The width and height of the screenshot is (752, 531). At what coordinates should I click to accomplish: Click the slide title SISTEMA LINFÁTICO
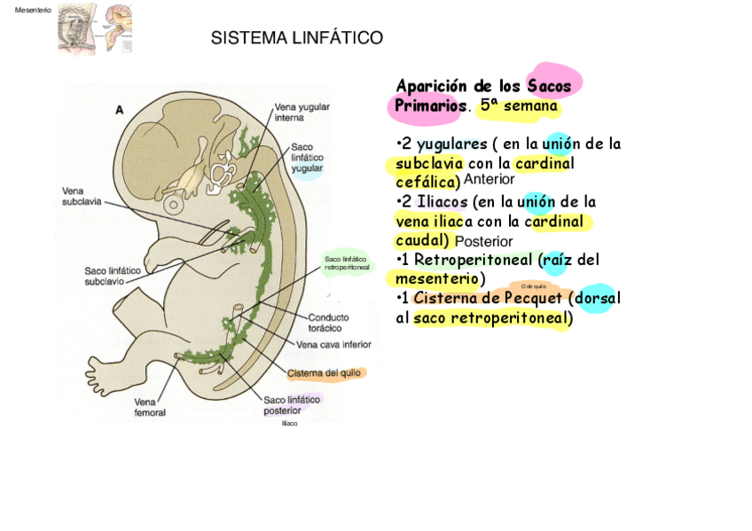pyautogui.click(x=296, y=38)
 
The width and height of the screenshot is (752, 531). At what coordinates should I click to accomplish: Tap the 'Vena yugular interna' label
pyautogui.click(x=302, y=112)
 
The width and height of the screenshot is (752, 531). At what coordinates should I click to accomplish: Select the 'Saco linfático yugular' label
pyautogui.click(x=307, y=157)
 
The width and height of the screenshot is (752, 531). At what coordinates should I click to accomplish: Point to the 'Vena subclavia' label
pyautogui.click(x=82, y=196)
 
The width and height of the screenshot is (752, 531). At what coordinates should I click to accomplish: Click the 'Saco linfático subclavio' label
pyautogui.click(x=112, y=276)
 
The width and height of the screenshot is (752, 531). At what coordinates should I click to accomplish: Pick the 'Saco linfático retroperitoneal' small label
pyautogui.click(x=346, y=262)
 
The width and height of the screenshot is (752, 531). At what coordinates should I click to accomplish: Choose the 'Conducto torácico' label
pyautogui.click(x=328, y=322)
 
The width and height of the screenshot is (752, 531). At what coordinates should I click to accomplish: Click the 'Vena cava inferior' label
pyautogui.click(x=333, y=345)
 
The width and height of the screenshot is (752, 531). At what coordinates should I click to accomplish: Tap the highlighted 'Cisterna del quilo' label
pyautogui.click(x=324, y=373)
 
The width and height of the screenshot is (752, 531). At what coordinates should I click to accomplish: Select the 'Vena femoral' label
pyautogui.click(x=150, y=407)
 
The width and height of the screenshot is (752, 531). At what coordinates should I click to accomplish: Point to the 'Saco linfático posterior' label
pyautogui.click(x=292, y=405)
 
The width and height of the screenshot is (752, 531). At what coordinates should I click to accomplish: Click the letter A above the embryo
pyautogui.click(x=120, y=111)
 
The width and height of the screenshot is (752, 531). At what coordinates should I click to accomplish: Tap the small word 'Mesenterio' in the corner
pyautogui.click(x=34, y=10)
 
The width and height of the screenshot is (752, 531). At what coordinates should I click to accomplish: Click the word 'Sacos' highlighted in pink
pyautogui.click(x=550, y=86)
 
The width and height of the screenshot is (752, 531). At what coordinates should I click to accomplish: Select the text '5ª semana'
pyautogui.click(x=519, y=106)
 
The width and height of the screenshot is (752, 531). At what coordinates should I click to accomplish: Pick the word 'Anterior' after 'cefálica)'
pyautogui.click(x=489, y=180)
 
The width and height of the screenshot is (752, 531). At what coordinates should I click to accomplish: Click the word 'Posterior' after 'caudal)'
pyautogui.click(x=484, y=241)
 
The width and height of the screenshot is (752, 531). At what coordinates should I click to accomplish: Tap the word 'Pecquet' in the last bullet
pyautogui.click(x=533, y=298)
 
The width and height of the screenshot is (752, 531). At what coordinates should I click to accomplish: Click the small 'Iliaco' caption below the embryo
pyautogui.click(x=290, y=423)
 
